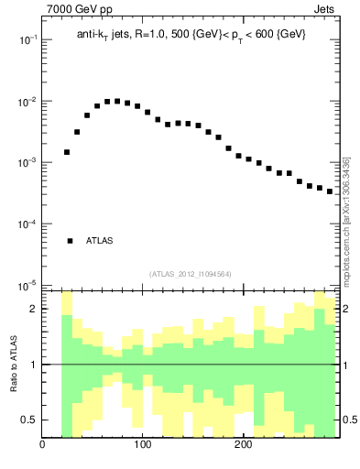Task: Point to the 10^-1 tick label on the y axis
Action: (27, 40)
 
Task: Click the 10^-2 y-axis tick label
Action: (27, 102)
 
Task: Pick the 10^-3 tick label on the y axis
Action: (27, 163)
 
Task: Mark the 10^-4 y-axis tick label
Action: (27, 224)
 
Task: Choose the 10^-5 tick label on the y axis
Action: (27, 285)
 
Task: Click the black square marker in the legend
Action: (70, 241)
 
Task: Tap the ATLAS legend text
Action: (100, 241)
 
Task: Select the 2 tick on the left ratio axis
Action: (33, 309)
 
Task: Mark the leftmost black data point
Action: (67, 152)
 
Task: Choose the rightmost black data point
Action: (330, 191)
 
